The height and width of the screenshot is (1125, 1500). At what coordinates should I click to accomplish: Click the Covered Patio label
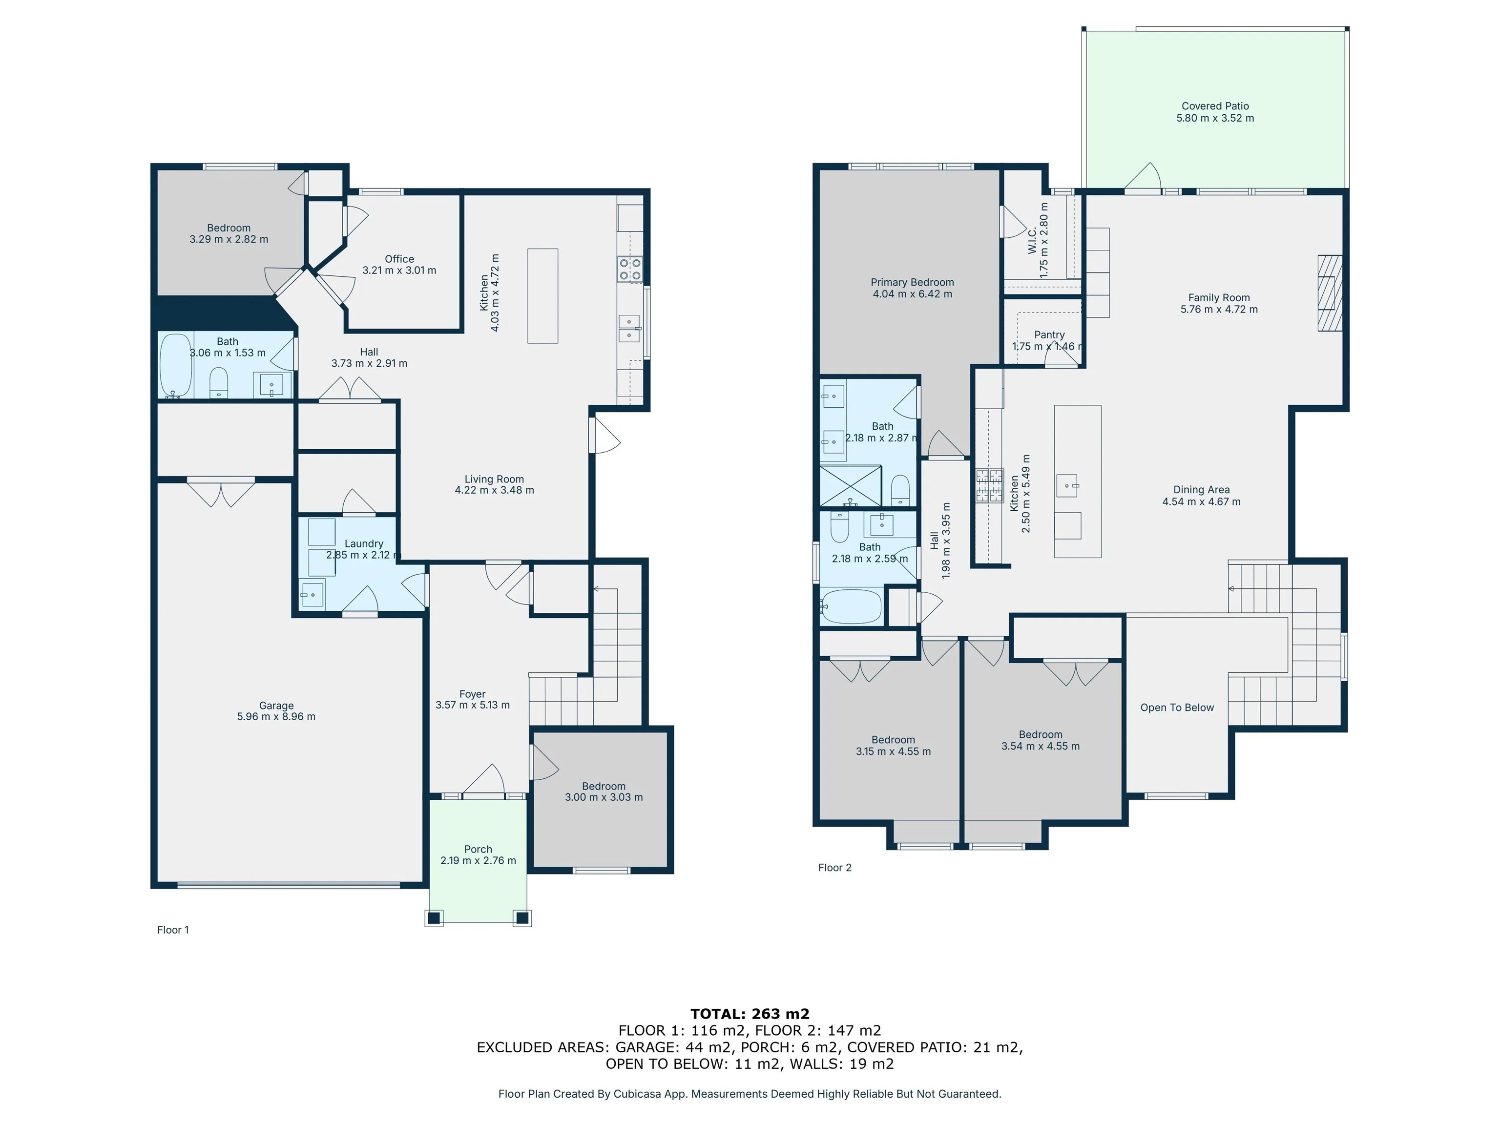click(1215, 106)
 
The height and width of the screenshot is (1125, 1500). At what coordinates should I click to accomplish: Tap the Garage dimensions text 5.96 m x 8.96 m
click(276, 717)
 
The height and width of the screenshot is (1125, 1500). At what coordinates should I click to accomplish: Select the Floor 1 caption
click(173, 930)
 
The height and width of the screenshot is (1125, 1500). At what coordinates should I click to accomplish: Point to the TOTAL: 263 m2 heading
click(750, 1014)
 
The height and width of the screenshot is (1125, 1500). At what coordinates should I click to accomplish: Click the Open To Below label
click(1177, 708)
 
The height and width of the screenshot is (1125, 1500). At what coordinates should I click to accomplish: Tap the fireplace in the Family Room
click(1330, 293)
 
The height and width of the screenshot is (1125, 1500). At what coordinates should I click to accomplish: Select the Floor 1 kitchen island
click(542, 296)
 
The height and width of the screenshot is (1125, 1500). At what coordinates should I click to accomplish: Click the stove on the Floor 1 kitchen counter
click(629, 269)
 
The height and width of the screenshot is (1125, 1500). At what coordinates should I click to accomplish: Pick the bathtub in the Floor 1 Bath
click(176, 365)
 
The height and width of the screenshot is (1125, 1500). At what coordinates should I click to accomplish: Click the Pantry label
click(1049, 335)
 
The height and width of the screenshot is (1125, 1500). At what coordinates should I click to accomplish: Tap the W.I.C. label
click(1033, 241)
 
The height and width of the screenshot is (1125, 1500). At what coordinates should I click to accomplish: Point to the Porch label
click(478, 849)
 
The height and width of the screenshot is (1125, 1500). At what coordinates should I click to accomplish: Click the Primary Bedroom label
click(912, 282)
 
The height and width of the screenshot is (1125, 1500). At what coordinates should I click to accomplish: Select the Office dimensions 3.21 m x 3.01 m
click(399, 270)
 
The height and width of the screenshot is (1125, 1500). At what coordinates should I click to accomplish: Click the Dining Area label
click(1201, 490)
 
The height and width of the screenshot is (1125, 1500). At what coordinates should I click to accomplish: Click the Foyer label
click(473, 694)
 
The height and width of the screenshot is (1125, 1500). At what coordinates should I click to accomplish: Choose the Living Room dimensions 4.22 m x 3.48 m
click(494, 490)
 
